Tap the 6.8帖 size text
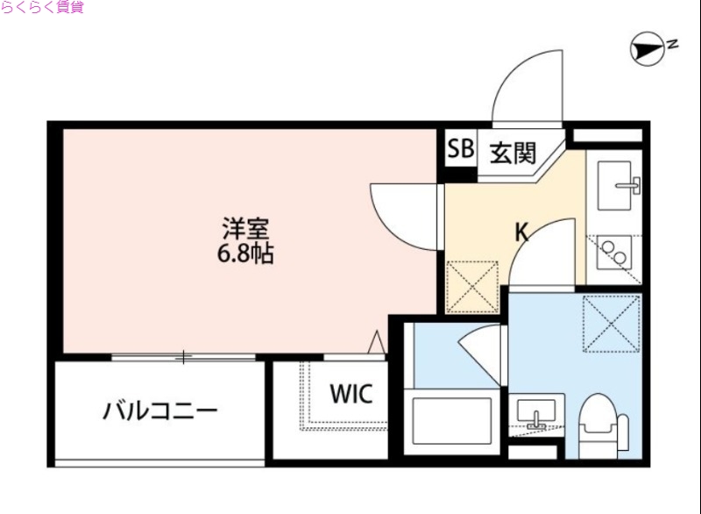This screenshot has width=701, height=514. tap(244, 255)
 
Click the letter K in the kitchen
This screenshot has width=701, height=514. tap(521, 232)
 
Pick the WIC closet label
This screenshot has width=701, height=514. tap(350, 394)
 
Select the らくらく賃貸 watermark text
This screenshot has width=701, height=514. tap(42, 9)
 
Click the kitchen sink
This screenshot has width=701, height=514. tap(617, 187)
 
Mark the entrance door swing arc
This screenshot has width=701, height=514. tap(526, 88)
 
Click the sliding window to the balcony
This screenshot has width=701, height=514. tap(183, 357)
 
